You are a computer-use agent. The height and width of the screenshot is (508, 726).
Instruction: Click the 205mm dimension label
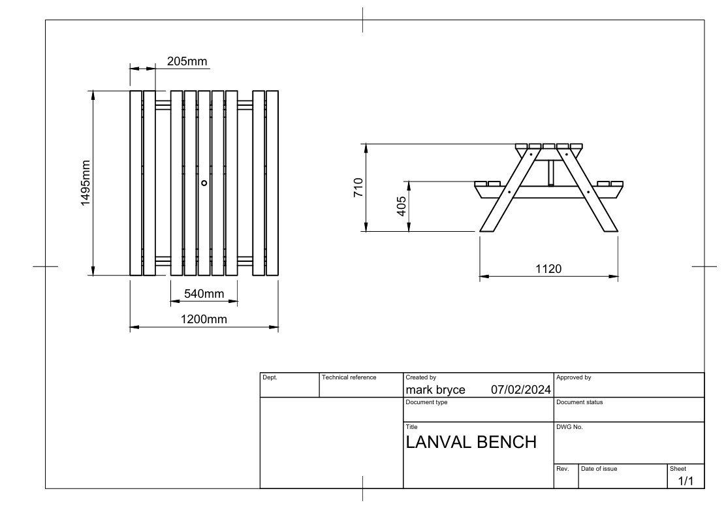tap(187, 61)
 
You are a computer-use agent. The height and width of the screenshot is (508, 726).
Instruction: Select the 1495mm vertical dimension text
tap(86, 183)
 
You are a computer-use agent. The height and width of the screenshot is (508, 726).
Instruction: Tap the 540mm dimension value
tap(204, 294)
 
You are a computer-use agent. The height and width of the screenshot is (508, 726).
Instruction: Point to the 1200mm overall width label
tap(204, 319)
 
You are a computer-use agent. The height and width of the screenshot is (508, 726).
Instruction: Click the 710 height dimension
tap(358, 187)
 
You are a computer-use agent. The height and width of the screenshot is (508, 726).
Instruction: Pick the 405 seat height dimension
tap(402, 206)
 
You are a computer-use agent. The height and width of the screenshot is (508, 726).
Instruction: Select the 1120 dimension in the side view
tap(548, 268)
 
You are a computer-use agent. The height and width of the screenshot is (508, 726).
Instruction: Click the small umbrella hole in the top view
tap(204, 183)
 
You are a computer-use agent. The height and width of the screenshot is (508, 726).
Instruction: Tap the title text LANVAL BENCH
tap(471, 442)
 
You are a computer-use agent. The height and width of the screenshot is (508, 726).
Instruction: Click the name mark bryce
tap(435, 390)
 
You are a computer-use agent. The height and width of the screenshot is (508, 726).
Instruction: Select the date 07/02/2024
tap(520, 390)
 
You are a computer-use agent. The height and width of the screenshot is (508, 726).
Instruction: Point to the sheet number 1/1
tap(686, 481)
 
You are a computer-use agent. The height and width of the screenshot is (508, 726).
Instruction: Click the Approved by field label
tap(573, 377)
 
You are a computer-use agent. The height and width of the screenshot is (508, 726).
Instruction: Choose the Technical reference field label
tap(349, 377)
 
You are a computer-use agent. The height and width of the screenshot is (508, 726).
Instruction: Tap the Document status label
tap(579, 402)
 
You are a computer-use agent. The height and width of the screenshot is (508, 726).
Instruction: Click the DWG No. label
tap(569, 427)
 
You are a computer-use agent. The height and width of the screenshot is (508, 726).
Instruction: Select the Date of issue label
tap(599, 469)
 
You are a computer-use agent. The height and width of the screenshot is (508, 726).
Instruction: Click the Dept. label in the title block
tap(270, 377)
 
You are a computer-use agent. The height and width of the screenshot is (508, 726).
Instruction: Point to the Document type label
tap(426, 402)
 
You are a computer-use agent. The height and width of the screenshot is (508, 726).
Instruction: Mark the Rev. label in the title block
tap(562, 469)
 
